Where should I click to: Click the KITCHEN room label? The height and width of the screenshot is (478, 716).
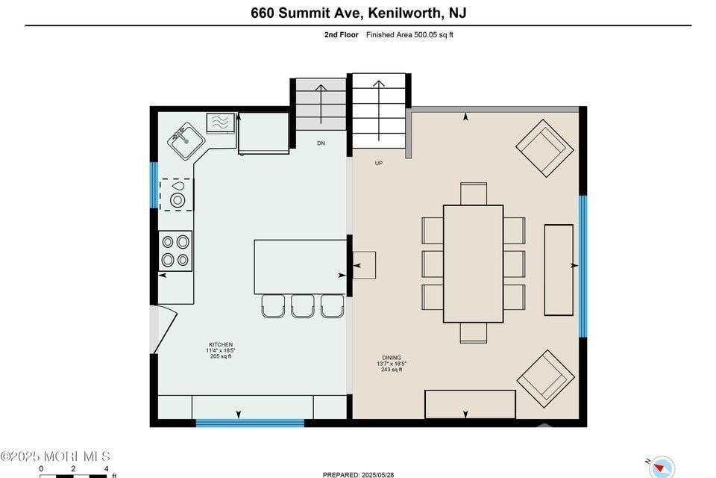tap(221, 344)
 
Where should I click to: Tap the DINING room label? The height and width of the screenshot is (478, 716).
tap(392, 358)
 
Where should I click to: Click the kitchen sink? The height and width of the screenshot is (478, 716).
tap(186, 141)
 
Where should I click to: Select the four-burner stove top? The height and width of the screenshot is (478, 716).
tap(175, 251)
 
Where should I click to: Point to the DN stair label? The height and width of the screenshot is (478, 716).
tap(321, 143)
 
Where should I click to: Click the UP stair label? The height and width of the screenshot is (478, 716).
tap(379, 164)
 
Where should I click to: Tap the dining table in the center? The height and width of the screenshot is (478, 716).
tap(473, 264)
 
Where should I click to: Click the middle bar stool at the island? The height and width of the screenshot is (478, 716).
tap(303, 306)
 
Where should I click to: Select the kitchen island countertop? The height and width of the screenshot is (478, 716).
tap(300, 267)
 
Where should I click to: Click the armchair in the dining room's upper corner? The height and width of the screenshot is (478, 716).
tap(544, 148)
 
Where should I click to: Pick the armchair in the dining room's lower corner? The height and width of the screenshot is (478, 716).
tap(546, 379)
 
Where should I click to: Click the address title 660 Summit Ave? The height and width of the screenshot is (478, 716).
tap(307, 13)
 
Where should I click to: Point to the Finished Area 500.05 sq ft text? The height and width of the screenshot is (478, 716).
tap(409, 35)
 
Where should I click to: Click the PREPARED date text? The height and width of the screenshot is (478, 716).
tap(359, 475)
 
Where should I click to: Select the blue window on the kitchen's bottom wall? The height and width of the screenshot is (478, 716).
tap(250, 423)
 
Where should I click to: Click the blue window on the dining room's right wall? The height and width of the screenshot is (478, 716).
tap(583, 266)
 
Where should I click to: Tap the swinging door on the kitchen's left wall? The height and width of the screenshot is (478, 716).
tap(163, 329)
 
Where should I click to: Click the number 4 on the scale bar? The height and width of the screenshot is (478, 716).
tap(107, 469)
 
